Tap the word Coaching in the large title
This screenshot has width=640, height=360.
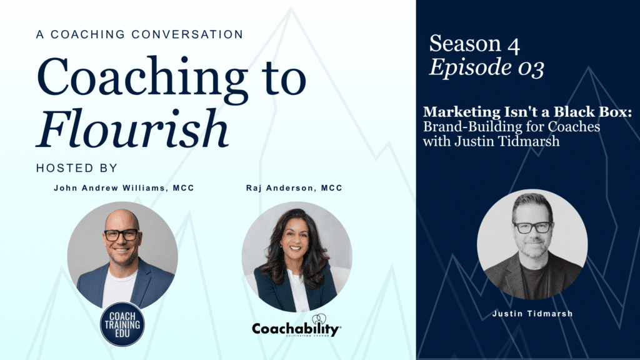point(142,80)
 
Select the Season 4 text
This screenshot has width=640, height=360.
point(474,43)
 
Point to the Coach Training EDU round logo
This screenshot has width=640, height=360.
point(122,324)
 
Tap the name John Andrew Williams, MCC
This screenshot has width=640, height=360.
point(124,188)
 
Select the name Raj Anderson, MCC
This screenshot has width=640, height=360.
point(294,188)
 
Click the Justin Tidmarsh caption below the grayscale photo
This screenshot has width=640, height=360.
point(532,314)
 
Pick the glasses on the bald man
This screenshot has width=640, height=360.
point(122,235)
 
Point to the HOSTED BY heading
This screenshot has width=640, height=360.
point(77,168)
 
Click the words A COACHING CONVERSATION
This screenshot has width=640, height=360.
point(139,34)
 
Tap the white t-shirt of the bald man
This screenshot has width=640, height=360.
point(119,287)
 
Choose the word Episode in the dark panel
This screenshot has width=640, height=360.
point(471,67)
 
